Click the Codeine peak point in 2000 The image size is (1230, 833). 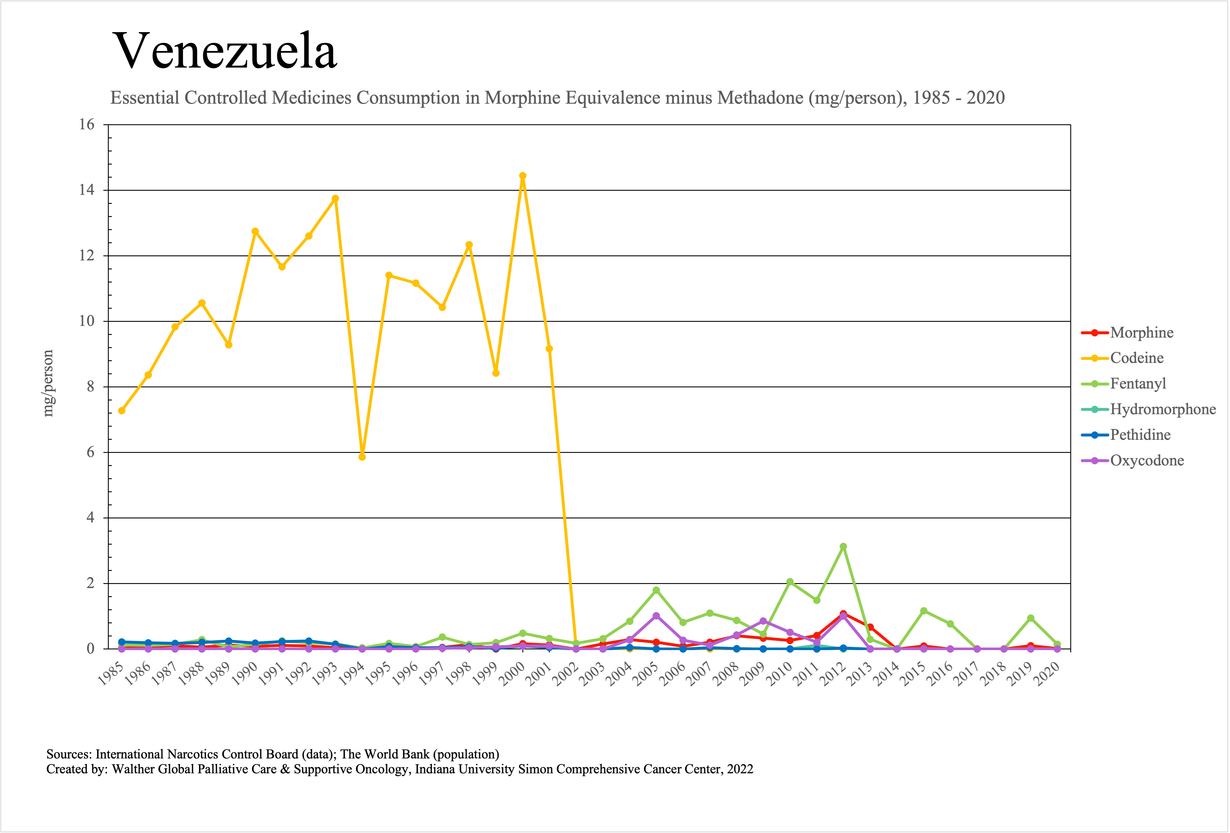point(522,176)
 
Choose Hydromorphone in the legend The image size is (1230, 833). point(1163,409)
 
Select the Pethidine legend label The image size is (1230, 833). point(1140,435)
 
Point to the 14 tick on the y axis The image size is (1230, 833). point(87,190)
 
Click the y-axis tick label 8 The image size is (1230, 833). point(90,387)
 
